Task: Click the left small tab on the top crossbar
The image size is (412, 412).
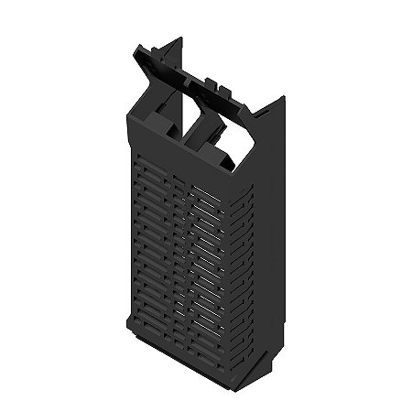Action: point(206,81)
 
